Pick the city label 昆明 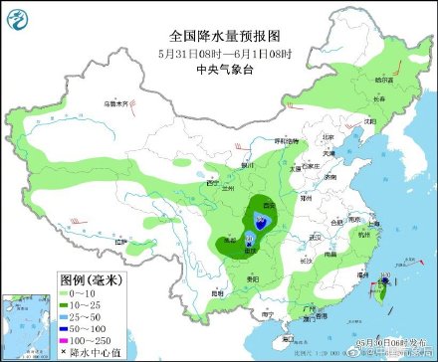[217, 292]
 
